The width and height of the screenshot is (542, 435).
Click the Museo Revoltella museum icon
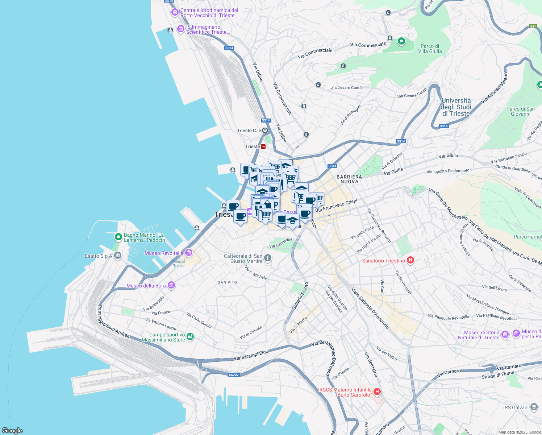[x=188, y=252]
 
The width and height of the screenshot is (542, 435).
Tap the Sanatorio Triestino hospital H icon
[x=410, y=260]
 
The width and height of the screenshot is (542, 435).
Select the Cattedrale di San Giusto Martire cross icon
[x=268, y=258]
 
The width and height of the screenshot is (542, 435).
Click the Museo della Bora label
[x=146, y=286]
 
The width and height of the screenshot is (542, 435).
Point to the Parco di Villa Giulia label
[x=430, y=49]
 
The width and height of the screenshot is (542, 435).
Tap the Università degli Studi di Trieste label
[x=456, y=107]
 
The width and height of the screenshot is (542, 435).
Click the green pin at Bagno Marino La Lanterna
[x=118, y=237]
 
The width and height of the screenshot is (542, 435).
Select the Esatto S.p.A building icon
[x=118, y=256]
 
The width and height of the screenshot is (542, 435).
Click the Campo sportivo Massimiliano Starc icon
[x=190, y=337]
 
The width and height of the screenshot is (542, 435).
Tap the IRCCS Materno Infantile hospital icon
[x=377, y=391]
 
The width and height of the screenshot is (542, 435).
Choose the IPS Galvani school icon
[x=534, y=407]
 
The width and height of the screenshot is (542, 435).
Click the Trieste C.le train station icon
[x=265, y=130]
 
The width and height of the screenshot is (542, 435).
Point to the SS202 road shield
[x=234, y=374]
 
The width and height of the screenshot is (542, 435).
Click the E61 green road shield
[x=533, y=26]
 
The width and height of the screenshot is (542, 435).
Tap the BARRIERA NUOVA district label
[x=350, y=179]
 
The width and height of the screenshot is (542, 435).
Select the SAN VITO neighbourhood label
[x=228, y=282]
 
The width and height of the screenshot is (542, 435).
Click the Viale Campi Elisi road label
[x=251, y=355]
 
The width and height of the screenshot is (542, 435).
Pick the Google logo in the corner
[x=12, y=431]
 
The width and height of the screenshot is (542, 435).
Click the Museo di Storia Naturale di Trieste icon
[x=505, y=334]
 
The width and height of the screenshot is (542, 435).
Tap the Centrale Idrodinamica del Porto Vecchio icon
[x=175, y=12]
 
